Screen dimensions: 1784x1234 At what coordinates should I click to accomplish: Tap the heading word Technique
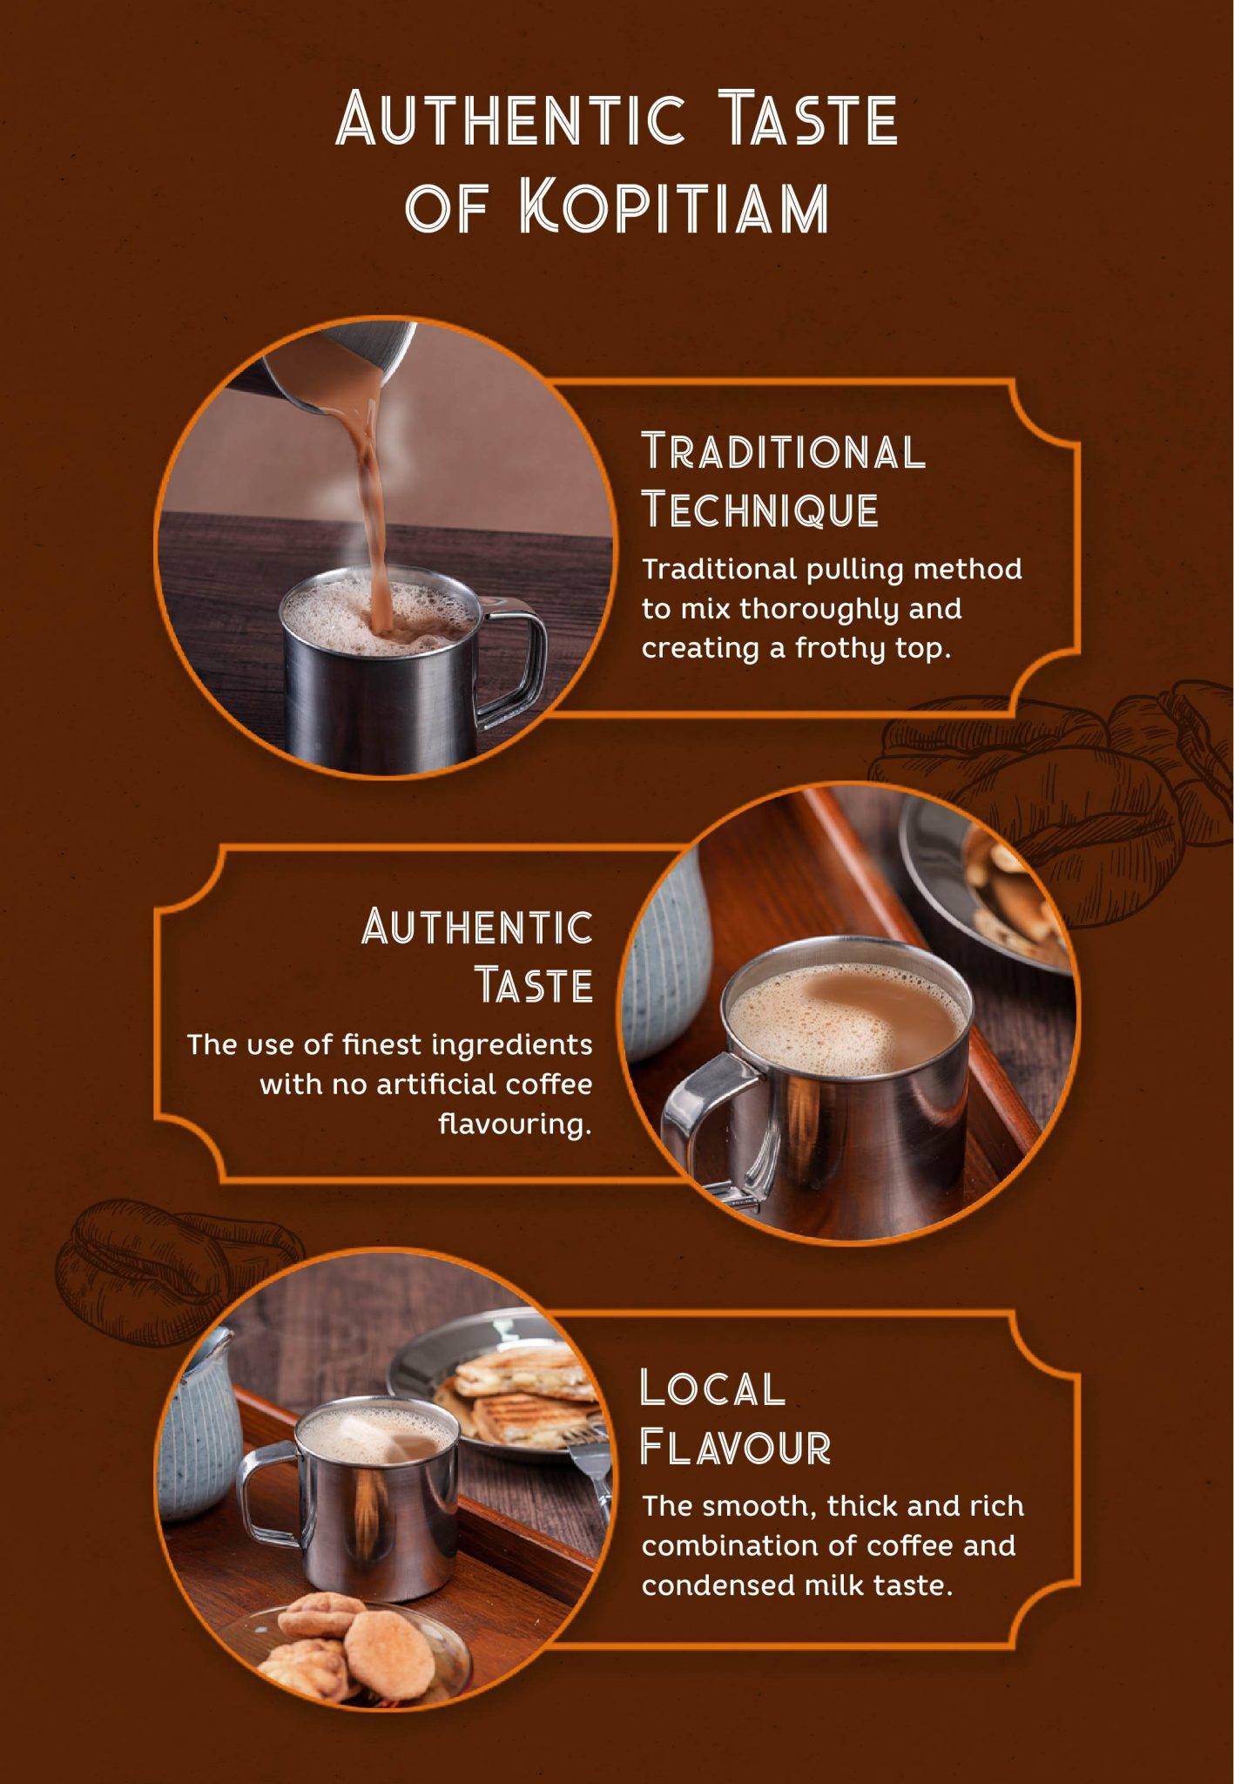pos(760,510)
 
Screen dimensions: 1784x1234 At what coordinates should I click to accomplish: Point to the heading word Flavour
pos(735,1448)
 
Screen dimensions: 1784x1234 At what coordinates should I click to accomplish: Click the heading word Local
pos(712,1389)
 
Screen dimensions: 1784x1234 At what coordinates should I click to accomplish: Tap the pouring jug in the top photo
pos(340,366)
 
